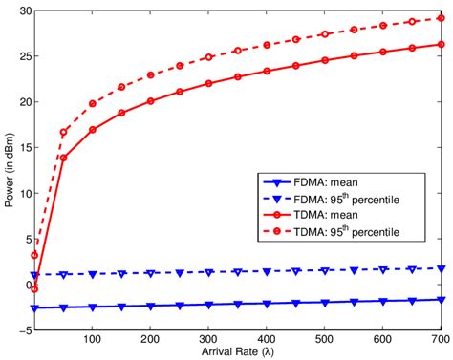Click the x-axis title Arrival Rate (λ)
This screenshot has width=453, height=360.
tap(238, 352)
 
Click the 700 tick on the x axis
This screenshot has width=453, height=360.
tap(441, 340)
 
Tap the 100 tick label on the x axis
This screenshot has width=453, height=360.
tap(93, 340)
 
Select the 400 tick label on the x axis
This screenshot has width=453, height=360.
tap(267, 340)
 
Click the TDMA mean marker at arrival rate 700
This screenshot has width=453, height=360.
tap(441, 44)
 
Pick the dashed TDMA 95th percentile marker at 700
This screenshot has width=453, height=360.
tap(441, 18)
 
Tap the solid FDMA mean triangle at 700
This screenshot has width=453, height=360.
tap(441, 300)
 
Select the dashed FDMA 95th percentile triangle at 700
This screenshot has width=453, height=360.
tap(441, 269)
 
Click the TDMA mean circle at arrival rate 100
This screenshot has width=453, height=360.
tap(93, 130)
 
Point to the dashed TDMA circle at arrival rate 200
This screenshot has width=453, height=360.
tap(151, 74)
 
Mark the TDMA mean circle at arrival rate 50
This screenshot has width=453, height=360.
tap(64, 158)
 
